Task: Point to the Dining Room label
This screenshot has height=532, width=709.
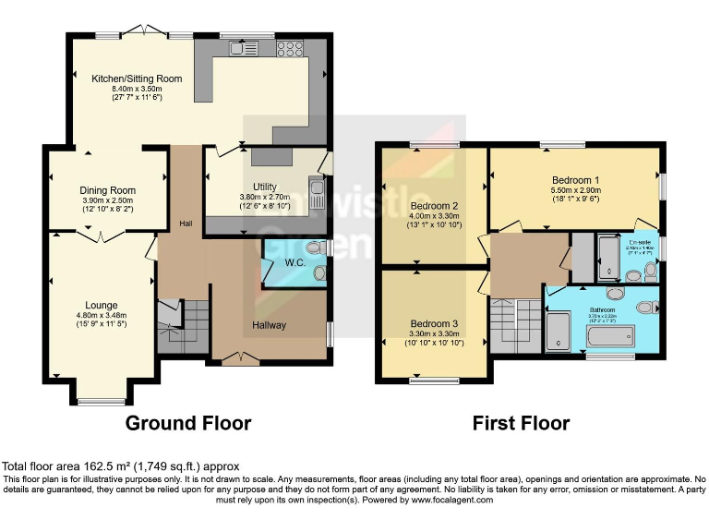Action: point(108,191)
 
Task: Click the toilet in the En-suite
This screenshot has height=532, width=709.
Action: point(650,271)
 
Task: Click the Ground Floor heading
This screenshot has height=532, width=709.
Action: point(188,423)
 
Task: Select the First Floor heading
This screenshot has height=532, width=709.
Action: point(521,423)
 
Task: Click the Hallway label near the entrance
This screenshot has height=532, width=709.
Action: point(270,325)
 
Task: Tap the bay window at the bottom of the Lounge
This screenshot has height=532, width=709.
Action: point(101,401)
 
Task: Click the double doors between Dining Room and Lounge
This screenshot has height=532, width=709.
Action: point(102,238)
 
